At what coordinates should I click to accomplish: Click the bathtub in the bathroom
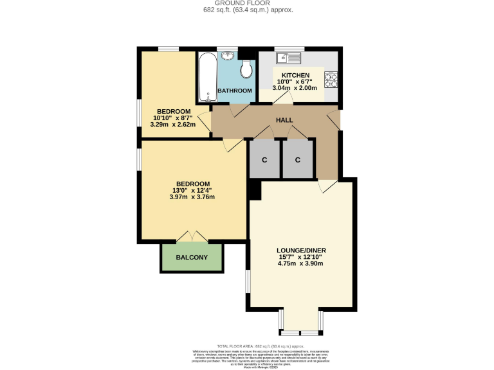click(207, 77)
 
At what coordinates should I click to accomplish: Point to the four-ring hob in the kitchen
click(331, 80)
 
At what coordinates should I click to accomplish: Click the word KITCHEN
click(293, 75)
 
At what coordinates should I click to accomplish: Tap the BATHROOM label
click(235, 91)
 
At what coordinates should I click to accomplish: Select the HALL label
click(284, 120)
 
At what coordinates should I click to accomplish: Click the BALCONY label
click(192, 258)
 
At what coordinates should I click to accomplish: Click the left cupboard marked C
click(264, 159)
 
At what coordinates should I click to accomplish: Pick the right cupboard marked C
click(298, 159)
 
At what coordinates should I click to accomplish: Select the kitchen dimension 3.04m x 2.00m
click(295, 88)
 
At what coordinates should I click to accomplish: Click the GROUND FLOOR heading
click(248, 3)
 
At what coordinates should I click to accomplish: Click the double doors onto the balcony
click(192, 236)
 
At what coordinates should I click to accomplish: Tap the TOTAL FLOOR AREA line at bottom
click(247, 346)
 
